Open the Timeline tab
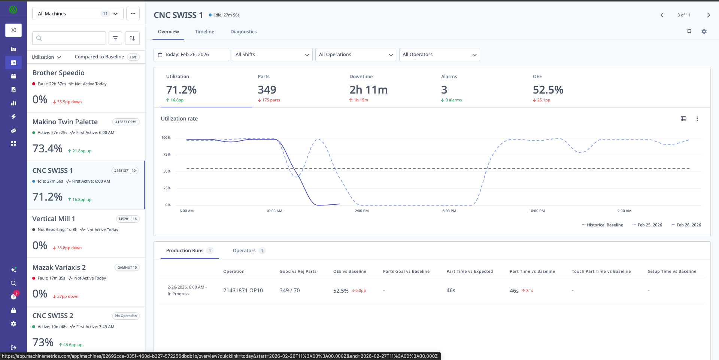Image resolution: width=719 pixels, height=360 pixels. (x=204, y=32)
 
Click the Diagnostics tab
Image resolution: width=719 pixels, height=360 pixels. (x=243, y=32)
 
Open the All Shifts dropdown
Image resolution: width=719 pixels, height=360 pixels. (x=272, y=55)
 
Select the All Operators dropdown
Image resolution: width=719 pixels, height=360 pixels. (x=439, y=55)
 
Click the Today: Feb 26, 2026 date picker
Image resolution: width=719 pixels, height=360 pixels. (x=191, y=55)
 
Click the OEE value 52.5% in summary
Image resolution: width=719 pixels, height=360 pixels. (x=548, y=90)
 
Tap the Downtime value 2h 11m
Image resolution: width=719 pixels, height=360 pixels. (x=368, y=90)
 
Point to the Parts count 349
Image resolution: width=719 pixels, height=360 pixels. (x=267, y=90)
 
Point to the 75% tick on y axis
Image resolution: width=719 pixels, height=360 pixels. (x=167, y=155)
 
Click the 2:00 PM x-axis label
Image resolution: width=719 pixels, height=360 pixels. (x=361, y=211)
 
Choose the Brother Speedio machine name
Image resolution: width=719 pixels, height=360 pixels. (x=58, y=73)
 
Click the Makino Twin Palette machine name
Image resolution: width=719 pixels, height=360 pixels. (x=65, y=122)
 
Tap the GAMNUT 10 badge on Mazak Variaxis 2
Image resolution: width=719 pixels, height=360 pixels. (x=127, y=268)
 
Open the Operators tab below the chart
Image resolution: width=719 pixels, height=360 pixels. (x=244, y=251)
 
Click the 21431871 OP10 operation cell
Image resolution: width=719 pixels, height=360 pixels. (x=243, y=290)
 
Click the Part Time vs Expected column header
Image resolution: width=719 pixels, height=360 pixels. (x=470, y=272)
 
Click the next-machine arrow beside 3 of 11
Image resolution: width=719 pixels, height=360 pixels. (x=708, y=15)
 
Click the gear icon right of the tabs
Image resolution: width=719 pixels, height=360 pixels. (x=704, y=32)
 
